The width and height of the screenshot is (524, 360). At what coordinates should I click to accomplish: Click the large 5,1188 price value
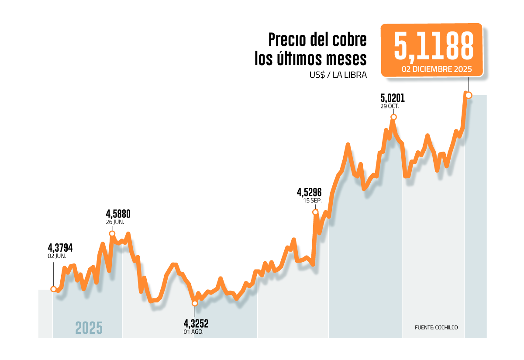coord(433,46)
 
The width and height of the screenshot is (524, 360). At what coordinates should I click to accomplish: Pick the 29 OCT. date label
coord(390,106)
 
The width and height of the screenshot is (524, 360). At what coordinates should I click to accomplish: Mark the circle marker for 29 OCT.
coord(393,117)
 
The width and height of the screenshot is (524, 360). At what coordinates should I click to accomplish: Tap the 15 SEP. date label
coord(312,201)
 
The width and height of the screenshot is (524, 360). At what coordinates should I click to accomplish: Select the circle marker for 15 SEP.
coord(315,212)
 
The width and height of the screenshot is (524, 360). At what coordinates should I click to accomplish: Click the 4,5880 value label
coord(118,214)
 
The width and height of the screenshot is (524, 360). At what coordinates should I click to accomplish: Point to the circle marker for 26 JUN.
coord(112,233)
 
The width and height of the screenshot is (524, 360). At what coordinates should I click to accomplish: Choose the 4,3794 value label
coord(60,248)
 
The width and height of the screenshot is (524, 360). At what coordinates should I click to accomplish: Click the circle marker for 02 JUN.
coord(53,289)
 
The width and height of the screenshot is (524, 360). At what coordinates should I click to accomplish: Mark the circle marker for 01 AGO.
coord(195,303)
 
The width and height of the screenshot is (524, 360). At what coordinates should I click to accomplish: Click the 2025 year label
coord(89,328)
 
